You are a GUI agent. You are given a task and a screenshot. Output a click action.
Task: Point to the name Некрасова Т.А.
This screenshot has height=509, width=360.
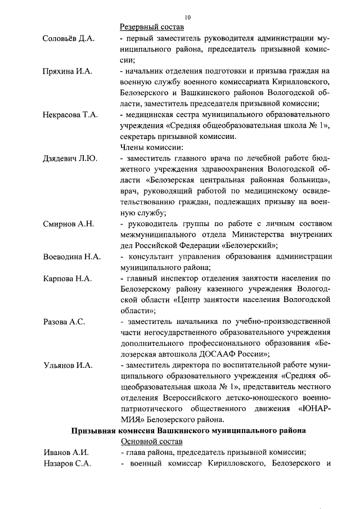[x=70, y=115]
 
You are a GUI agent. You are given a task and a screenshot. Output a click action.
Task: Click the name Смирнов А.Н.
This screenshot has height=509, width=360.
[x=68, y=224]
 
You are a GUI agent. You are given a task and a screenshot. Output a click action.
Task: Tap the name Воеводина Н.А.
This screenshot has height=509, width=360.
[x=72, y=257]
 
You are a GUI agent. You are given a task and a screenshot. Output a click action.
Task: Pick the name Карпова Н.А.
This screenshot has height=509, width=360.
[x=67, y=278]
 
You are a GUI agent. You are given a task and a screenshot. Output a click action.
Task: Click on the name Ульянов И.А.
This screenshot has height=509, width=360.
[x=67, y=365]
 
